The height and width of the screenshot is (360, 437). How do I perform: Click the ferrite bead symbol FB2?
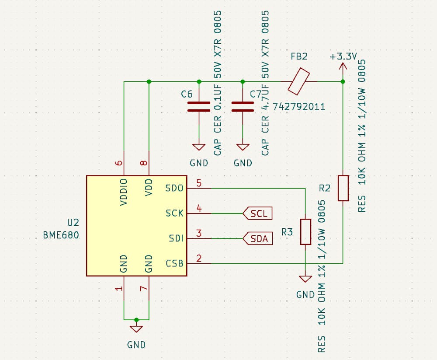pos(299,81)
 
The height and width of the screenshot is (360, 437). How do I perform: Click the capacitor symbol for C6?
pos(199,107)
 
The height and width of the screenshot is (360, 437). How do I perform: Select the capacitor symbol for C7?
pos(243,107)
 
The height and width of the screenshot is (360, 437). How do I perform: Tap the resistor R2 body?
pos(343,188)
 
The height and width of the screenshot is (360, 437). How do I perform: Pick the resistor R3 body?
pos(305,232)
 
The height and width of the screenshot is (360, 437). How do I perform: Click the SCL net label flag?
pos(258,213)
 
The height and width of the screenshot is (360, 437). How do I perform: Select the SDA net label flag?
pos(258,238)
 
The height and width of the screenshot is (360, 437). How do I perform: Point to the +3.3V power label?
pos(343,57)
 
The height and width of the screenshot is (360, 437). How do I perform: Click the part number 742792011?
pos(298,106)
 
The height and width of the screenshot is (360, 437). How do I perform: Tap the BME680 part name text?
pos(61,235)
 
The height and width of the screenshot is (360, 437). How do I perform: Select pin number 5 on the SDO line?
pos(199,183)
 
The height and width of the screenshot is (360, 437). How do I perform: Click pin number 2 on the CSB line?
pos(199,259)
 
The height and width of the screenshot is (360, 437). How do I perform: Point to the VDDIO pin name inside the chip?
pos(124,192)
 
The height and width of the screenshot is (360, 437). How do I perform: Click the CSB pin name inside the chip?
pos(174,264)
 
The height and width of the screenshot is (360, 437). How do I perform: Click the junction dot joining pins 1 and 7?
pos(136,319)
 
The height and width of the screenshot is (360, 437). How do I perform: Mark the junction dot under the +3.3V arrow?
pos(343,82)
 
